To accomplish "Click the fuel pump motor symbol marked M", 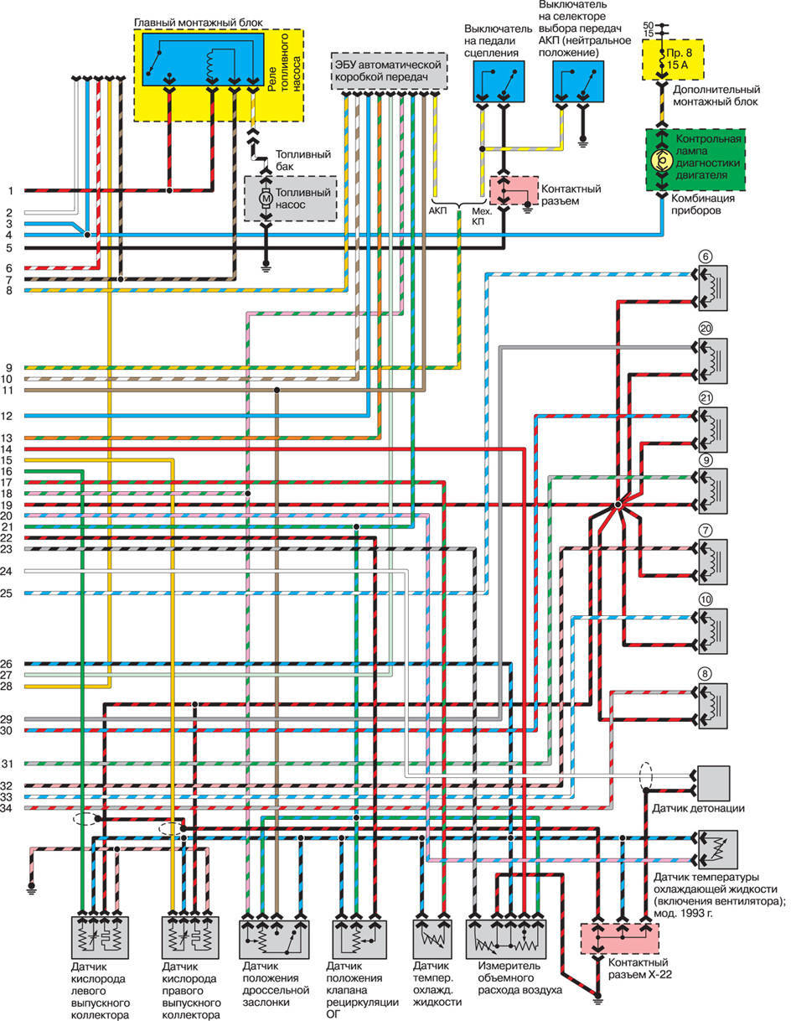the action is [x=266, y=199].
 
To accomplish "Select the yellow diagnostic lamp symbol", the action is [x=662, y=161].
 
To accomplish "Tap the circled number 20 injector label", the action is [x=706, y=328].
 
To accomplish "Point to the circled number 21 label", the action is [x=706, y=398].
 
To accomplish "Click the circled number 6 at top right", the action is [x=705, y=257].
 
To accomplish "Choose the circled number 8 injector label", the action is [x=705, y=674].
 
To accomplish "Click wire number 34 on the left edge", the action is [x=6, y=808].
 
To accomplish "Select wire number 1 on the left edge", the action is [x=10, y=191].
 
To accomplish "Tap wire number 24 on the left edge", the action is [x=6, y=572].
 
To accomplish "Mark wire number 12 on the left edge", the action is [x=6, y=416].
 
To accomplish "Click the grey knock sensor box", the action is [x=713, y=783].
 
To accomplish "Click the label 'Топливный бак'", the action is [x=303, y=160].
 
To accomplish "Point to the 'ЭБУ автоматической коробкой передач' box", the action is [x=389, y=70].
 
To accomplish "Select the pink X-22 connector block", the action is [x=619, y=939].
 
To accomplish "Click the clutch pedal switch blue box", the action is [x=499, y=81].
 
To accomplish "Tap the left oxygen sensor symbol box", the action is [x=100, y=938].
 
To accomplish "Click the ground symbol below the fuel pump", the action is [x=266, y=268].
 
